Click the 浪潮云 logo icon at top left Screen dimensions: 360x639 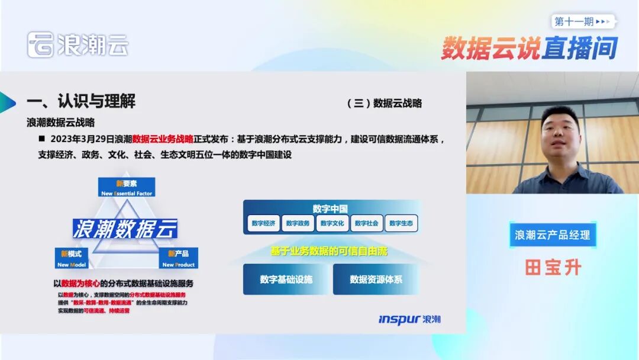pos(40,45)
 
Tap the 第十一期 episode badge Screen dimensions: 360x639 pos(583,21)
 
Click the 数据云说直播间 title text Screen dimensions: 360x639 pos(529,49)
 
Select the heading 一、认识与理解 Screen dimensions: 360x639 pos(81,101)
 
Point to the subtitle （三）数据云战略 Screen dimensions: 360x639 pos(385,103)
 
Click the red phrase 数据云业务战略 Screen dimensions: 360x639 pos(163,140)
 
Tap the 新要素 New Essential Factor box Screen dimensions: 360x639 pos(127,187)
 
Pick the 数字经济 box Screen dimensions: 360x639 pos(263,223)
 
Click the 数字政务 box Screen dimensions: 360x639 pos(298,223)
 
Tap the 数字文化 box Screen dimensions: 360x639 pos(332,223)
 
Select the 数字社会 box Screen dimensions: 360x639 pos(367,223)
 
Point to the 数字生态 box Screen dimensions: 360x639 pos(401,223)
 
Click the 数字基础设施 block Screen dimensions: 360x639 pos(286,279)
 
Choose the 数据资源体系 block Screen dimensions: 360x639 pos(376,279)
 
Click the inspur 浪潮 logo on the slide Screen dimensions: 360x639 pos(409,320)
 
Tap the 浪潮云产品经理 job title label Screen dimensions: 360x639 pos(553,235)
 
